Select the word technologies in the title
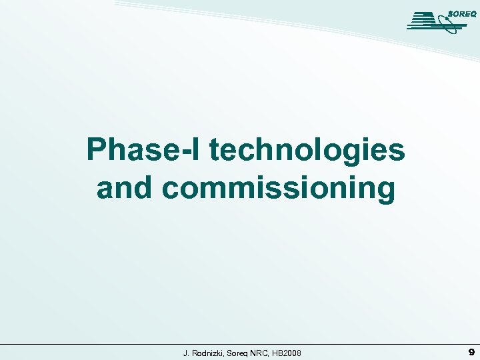click(307, 151)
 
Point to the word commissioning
click(279, 189)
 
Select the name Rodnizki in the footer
click(208, 352)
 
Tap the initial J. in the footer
click(187, 352)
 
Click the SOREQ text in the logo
click(461, 13)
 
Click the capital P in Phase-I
click(98, 151)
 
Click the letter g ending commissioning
click(385, 192)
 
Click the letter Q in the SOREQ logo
click(473, 13)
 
